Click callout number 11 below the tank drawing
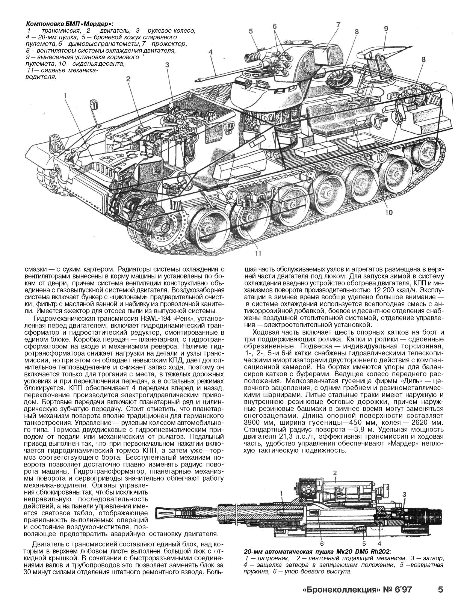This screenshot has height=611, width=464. click(257, 253)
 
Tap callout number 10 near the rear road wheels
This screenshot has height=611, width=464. click(388, 213)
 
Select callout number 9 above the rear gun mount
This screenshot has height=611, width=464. click(386, 29)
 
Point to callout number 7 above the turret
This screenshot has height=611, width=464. click(338, 25)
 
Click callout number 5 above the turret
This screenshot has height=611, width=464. click(251, 32)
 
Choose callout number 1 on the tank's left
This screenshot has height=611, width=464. click(65, 96)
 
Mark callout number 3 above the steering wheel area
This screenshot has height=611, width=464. click(167, 65)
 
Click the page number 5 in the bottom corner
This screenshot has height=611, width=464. click(440, 589)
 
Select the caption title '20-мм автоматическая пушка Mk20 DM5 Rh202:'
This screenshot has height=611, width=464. click(317, 552)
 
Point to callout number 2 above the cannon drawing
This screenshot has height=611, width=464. click(334, 473)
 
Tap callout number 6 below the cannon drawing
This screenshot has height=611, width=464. click(322, 543)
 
